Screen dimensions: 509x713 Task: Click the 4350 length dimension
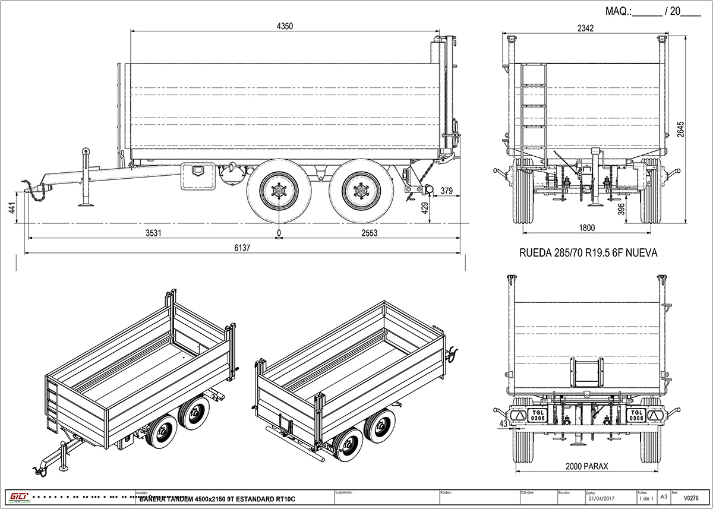(x=286, y=26)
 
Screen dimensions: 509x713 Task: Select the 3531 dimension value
(x=153, y=233)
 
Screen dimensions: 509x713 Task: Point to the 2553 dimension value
(x=368, y=233)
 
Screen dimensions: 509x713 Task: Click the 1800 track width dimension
(x=586, y=227)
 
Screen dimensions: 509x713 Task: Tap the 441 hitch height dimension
(x=11, y=207)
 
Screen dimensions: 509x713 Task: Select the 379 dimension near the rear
(x=447, y=191)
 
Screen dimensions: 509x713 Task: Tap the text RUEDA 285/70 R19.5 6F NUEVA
(x=588, y=253)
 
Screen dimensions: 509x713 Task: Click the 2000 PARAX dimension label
(x=586, y=466)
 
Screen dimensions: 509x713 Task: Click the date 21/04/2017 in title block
(x=601, y=499)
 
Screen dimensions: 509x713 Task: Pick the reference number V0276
(x=691, y=499)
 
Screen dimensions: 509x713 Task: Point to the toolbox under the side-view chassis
(x=197, y=175)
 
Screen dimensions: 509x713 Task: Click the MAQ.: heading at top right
(x=619, y=11)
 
